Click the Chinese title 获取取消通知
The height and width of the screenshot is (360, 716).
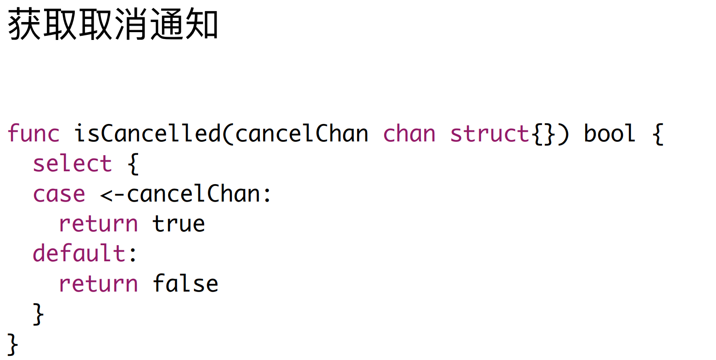pyautogui.click(x=113, y=26)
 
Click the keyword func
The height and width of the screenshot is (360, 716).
pyautogui.click(x=34, y=134)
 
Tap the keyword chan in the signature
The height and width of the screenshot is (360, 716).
pyautogui.click(x=409, y=134)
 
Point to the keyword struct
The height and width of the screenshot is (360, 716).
pyautogui.click(x=490, y=134)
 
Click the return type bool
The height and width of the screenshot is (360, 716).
pyautogui.click(x=610, y=134)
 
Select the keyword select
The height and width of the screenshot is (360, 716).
pyautogui.click(x=73, y=164)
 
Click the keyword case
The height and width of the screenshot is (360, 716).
pyautogui.click(x=59, y=194)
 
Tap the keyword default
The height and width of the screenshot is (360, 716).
pyautogui.click(x=79, y=253)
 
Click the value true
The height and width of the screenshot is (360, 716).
pyautogui.click(x=179, y=224)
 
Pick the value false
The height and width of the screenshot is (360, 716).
pyautogui.click(x=185, y=283)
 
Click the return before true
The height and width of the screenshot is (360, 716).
pyautogui.click(x=98, y=224)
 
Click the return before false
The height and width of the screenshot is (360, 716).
pyautogui.click(x=98, y=283)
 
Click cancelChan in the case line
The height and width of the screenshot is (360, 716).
pyautogui.click(x=193, y=194)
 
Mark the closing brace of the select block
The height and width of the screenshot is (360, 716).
pyautogui.click(x=39, y=315)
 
